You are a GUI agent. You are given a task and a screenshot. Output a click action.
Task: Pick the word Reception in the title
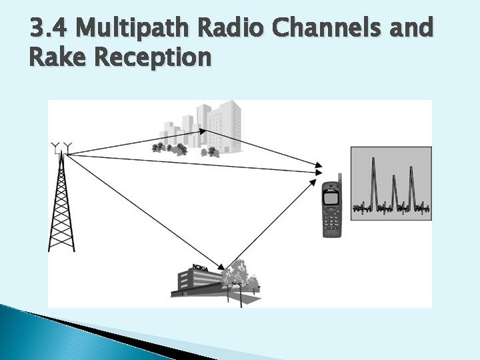153,59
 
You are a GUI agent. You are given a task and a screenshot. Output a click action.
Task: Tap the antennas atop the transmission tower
61,146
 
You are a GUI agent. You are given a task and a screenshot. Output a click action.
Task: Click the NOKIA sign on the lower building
200,269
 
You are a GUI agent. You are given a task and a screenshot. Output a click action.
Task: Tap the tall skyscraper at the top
227,123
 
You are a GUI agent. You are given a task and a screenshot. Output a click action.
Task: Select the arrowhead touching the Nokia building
223,268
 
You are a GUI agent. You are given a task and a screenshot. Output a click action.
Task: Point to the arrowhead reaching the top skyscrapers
202,131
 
